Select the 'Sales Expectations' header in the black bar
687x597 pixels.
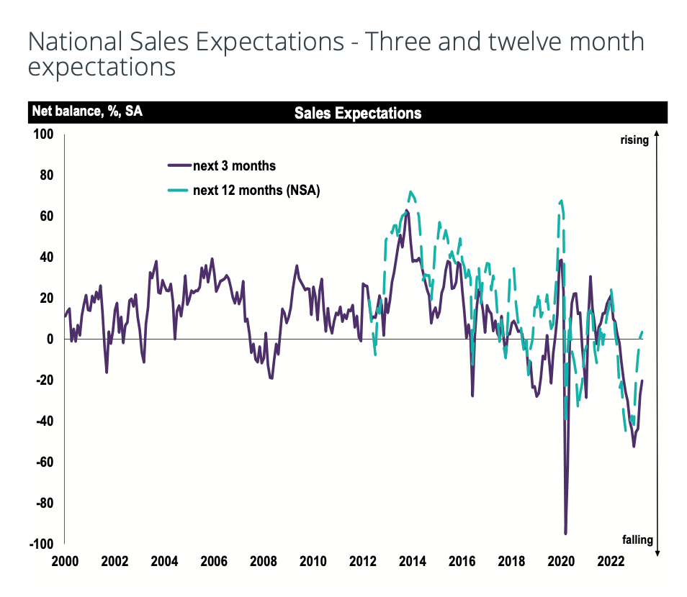click(358, 113)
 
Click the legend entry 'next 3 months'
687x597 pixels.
click(234, 166)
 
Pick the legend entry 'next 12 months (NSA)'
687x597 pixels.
click(256, 191)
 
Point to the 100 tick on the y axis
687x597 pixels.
click(44, 134)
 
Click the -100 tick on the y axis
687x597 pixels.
click(42, 544)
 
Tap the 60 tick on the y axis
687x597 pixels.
click(48, 216)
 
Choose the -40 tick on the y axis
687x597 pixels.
click(45, 421)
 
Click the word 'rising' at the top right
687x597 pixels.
click(634, 140)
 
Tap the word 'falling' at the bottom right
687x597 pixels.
click(637, 539)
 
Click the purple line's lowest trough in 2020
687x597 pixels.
click(565, 533)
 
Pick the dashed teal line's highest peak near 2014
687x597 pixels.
click(410, 192)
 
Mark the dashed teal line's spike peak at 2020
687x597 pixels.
click(561, 201)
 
